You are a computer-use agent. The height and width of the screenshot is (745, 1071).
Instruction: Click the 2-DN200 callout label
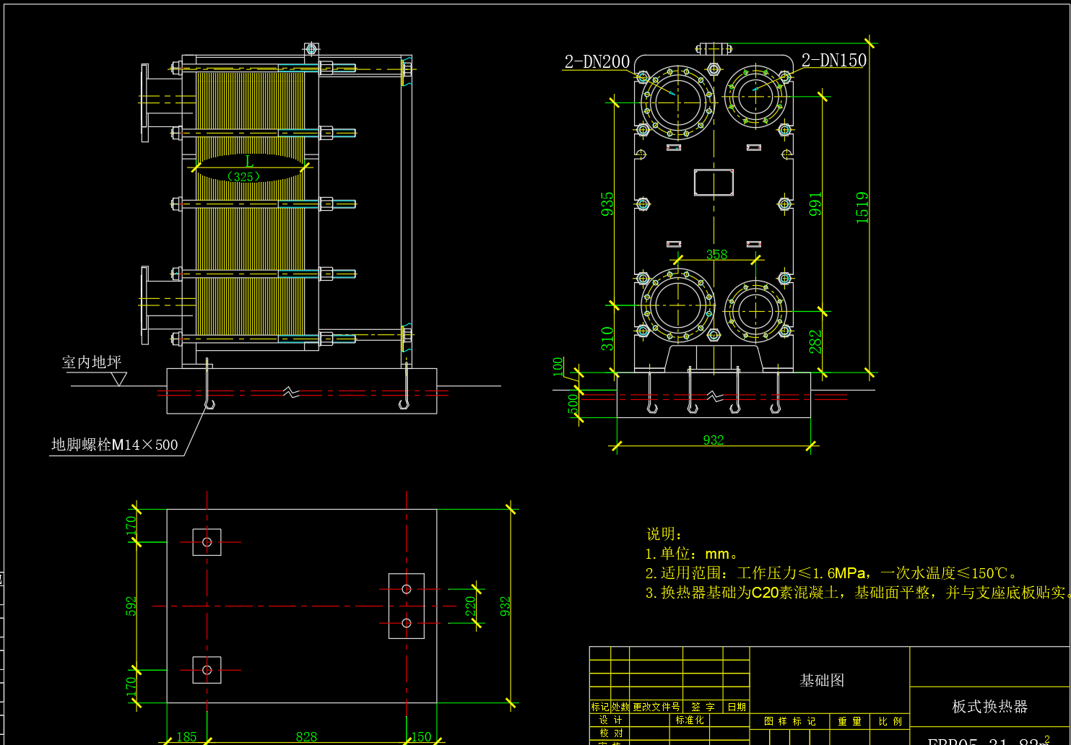(x=597, y=62)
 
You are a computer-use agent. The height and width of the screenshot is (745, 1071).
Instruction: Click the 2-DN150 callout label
(x=833, y=61)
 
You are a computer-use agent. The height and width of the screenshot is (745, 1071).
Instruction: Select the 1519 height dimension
(x=862, y=207)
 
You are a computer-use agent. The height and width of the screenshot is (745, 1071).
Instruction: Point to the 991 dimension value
(x=815, y=204)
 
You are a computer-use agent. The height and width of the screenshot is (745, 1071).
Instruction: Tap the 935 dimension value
(x=607, y=204)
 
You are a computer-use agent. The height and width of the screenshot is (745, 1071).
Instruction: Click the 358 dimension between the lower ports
(x=716, y=254)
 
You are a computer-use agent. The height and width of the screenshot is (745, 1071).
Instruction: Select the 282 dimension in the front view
(x=815, y=342)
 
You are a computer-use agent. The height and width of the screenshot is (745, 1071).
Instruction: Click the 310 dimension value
(x=607, y=339)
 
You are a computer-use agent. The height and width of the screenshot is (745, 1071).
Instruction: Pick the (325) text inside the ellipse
(x=243, y=177)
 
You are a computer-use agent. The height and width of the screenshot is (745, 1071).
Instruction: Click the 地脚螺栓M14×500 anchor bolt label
(x=114, y=445)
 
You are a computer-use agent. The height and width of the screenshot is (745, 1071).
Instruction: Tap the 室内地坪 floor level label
(x=92, y=362)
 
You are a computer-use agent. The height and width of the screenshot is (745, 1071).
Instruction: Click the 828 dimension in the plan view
(x=306, y=736)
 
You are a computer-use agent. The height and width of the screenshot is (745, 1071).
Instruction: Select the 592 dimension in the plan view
(x=131, y=606)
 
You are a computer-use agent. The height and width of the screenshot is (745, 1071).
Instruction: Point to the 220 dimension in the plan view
(x=470, y=606)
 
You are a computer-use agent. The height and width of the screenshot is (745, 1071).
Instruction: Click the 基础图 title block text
(x=822, y=680)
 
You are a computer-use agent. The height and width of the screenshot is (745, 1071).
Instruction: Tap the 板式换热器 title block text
(x=989, y=706)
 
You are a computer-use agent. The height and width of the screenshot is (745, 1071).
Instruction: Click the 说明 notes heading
(x=664, y=533)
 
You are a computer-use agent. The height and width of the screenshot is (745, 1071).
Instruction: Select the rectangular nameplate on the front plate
(x=714, y=183)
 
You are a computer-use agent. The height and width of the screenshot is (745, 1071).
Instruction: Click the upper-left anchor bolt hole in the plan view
(x=207, y=542)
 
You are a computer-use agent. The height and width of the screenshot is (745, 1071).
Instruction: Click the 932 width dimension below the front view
(x=713, y=440)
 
